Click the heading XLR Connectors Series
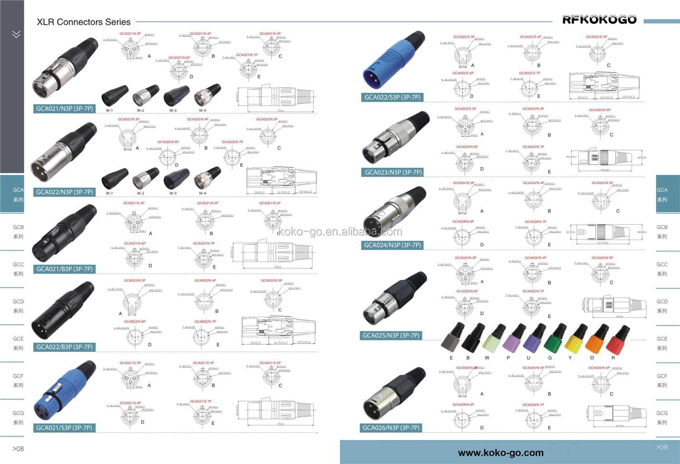[83, 22]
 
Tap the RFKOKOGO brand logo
[599, 20]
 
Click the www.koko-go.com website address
[500, 453]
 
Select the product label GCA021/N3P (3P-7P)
[64, 109]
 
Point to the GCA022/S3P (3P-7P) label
[392, 97]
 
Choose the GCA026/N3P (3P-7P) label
[391, 428]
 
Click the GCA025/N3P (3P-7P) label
[391, 335]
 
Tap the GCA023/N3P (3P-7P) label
[393, 172]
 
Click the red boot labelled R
[618, 340]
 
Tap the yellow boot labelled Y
[574, 340]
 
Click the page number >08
[18, 449]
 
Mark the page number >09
[661, 447]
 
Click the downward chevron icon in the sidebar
[16, 34]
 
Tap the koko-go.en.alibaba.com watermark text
[340, 232]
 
